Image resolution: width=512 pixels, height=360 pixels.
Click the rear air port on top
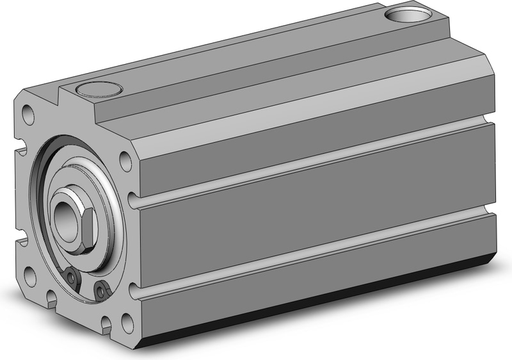click(x=405, y=13)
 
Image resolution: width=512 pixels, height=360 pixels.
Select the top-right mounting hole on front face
click(x=125, y=160)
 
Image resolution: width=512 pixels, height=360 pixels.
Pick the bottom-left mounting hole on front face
click(x=29, y=276)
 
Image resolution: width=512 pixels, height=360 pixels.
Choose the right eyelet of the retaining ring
click(x=100, y=291)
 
